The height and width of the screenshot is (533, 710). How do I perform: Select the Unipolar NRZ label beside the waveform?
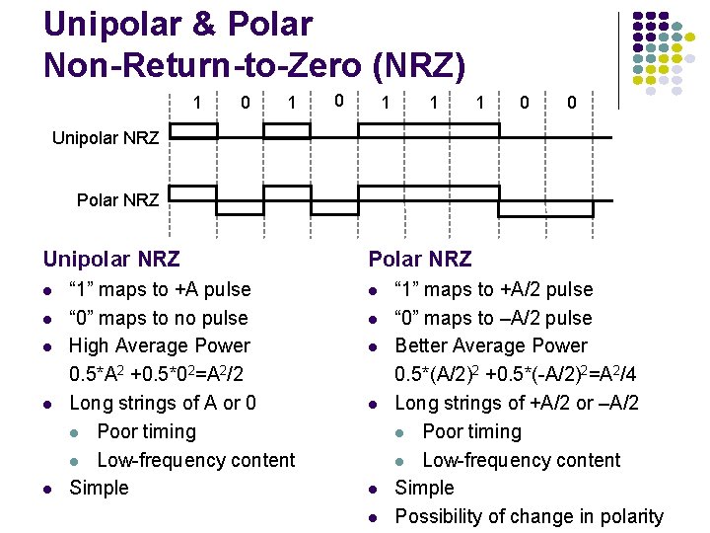pyautogui.click(x=106, y=137)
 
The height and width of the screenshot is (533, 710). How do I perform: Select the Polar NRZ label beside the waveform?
pyautogui.click(x=117, y=200)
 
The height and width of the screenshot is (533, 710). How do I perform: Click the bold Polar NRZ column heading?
pyautogui.click(x=420, y=260)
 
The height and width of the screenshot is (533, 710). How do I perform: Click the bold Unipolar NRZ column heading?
pyautogui.click(x=111, y=260)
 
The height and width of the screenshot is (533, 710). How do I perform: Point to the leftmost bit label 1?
pyautogui.click(x=198, y=103)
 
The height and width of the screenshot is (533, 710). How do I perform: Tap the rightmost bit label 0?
pyautogui.click(x=571, y=103)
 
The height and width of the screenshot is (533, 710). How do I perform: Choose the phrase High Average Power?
pyautogui.click(x=159, y=345)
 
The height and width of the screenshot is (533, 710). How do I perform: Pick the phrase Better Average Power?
pyautogui.click(x=490, y=345)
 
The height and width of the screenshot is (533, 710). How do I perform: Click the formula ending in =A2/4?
pyautogui.click(x=508, y=375)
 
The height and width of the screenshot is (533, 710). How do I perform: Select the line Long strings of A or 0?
pyautogui.click(x=163, y=403)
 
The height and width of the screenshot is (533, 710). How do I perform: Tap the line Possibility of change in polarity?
pyautogui.click(x=529, y=516)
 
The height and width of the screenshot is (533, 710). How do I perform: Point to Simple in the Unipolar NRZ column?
pyautogui.click(x=99, y=488)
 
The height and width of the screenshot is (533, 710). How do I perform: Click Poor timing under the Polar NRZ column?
pyautogui.click(x=471, y=431)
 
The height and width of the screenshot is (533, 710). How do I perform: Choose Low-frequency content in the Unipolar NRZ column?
pyautogui.click(x=195, y=460)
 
